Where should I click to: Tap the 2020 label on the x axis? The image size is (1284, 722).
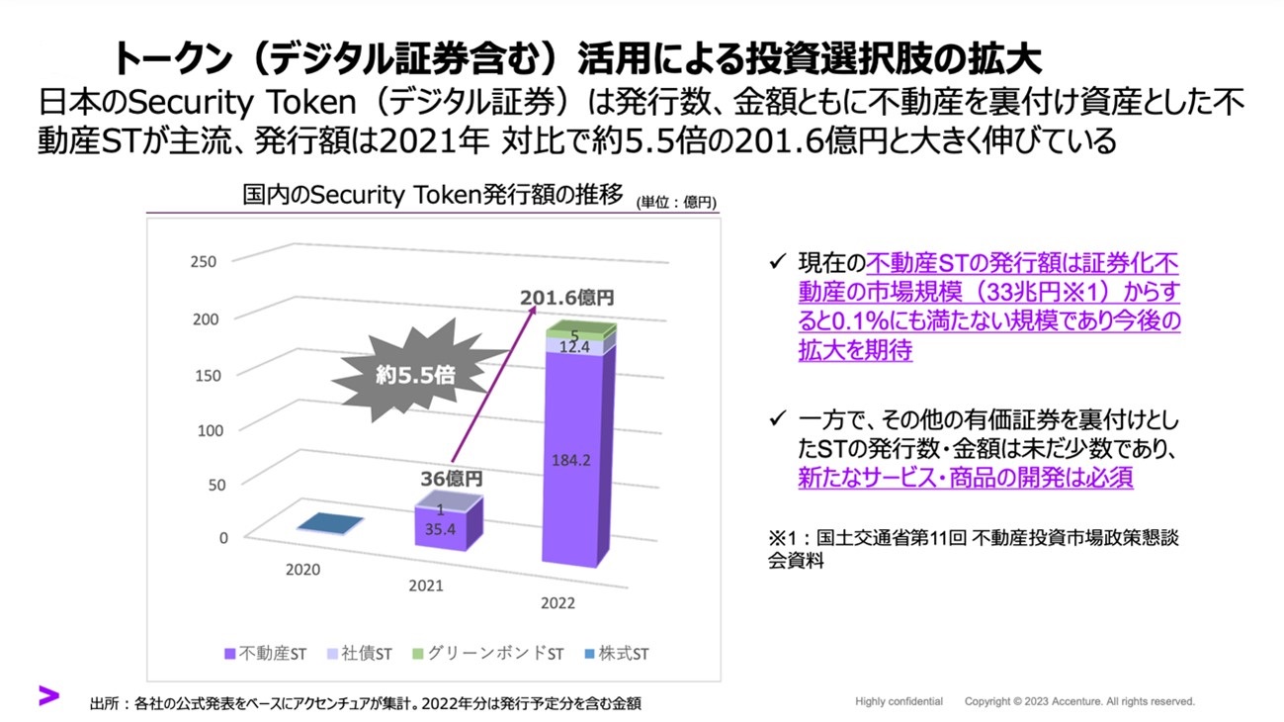coord(302,570)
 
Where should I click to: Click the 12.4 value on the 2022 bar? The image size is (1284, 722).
coord(575,346)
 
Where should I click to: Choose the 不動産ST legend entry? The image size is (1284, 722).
coord(267,654)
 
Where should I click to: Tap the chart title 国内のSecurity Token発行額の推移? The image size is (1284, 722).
coord(433,195)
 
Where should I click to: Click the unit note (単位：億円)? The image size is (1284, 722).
coord(677,202)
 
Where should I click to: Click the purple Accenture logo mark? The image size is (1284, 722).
coord(48,694)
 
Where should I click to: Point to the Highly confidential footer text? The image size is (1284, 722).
coord(899,701)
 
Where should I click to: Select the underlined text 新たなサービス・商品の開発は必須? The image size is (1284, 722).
coord(965,477)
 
